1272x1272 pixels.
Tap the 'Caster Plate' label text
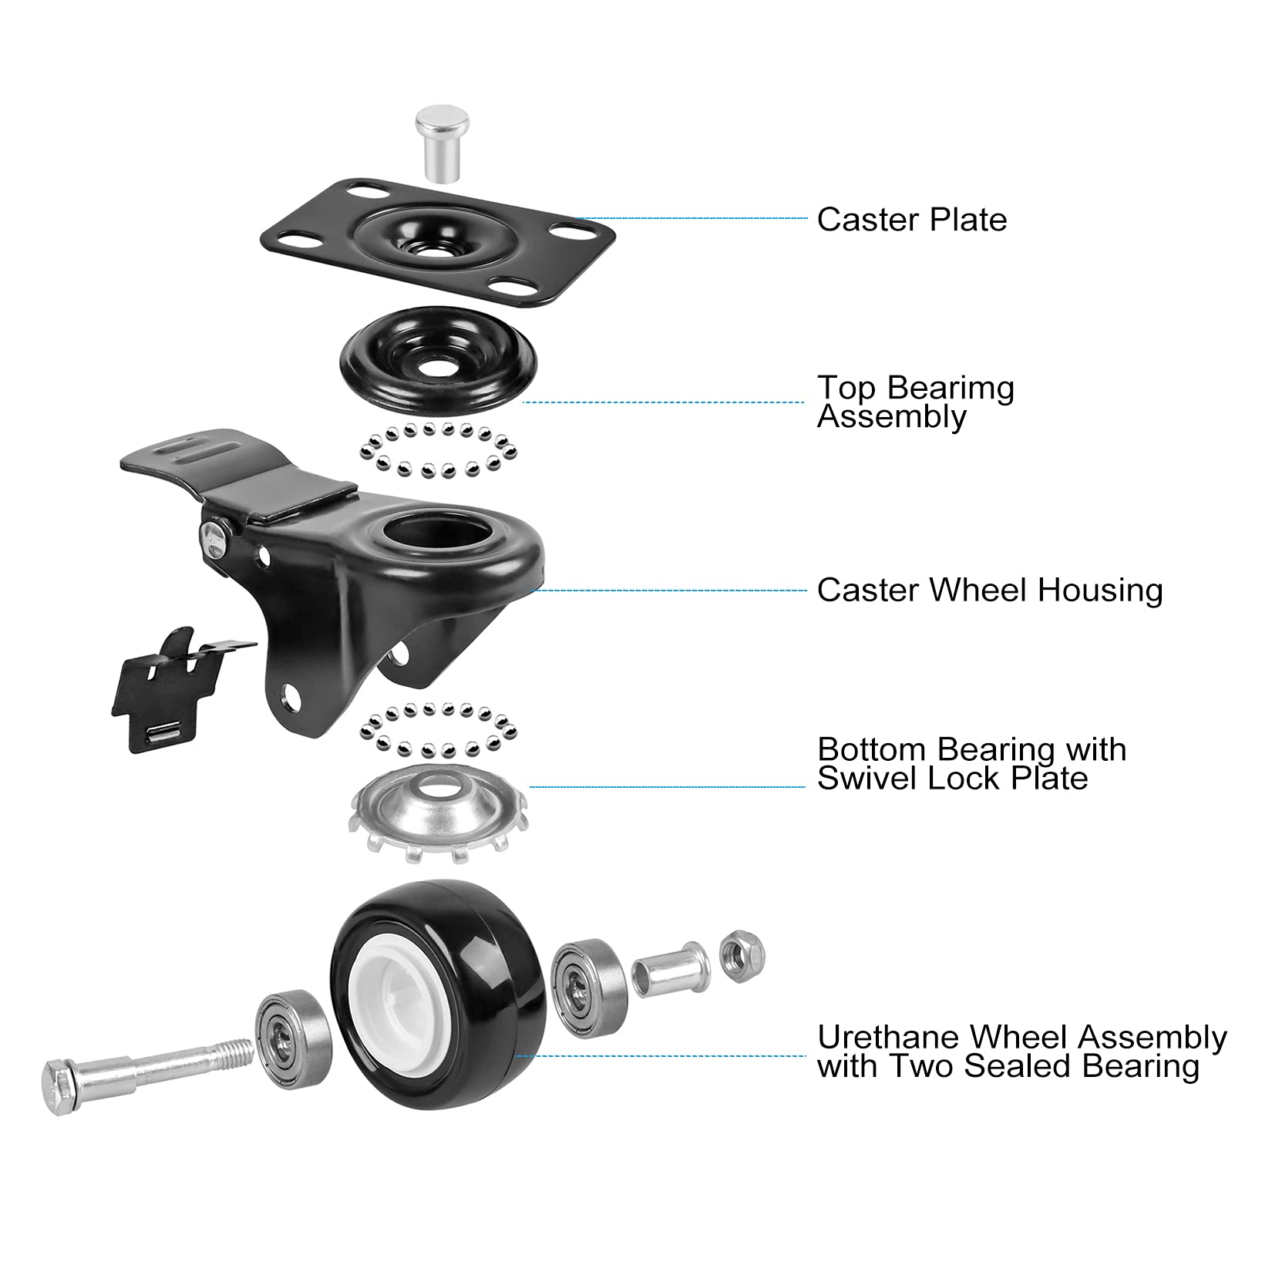pos(912,220)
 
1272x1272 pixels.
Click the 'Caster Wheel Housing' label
pos(990,591)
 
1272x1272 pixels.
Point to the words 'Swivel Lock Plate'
pos(952,778)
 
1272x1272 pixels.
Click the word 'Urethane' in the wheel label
pos(887,1038)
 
